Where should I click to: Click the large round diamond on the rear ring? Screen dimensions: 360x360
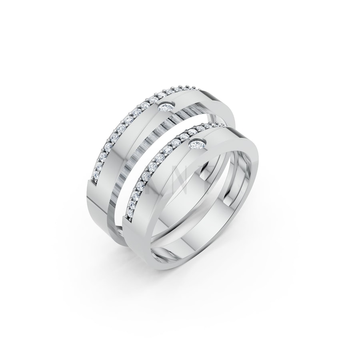[166, 106]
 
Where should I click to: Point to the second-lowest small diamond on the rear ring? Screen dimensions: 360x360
[96, 171]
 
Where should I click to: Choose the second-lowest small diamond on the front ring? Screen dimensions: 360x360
[130, 210]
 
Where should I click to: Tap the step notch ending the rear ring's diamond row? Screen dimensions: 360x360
[93, 185]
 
